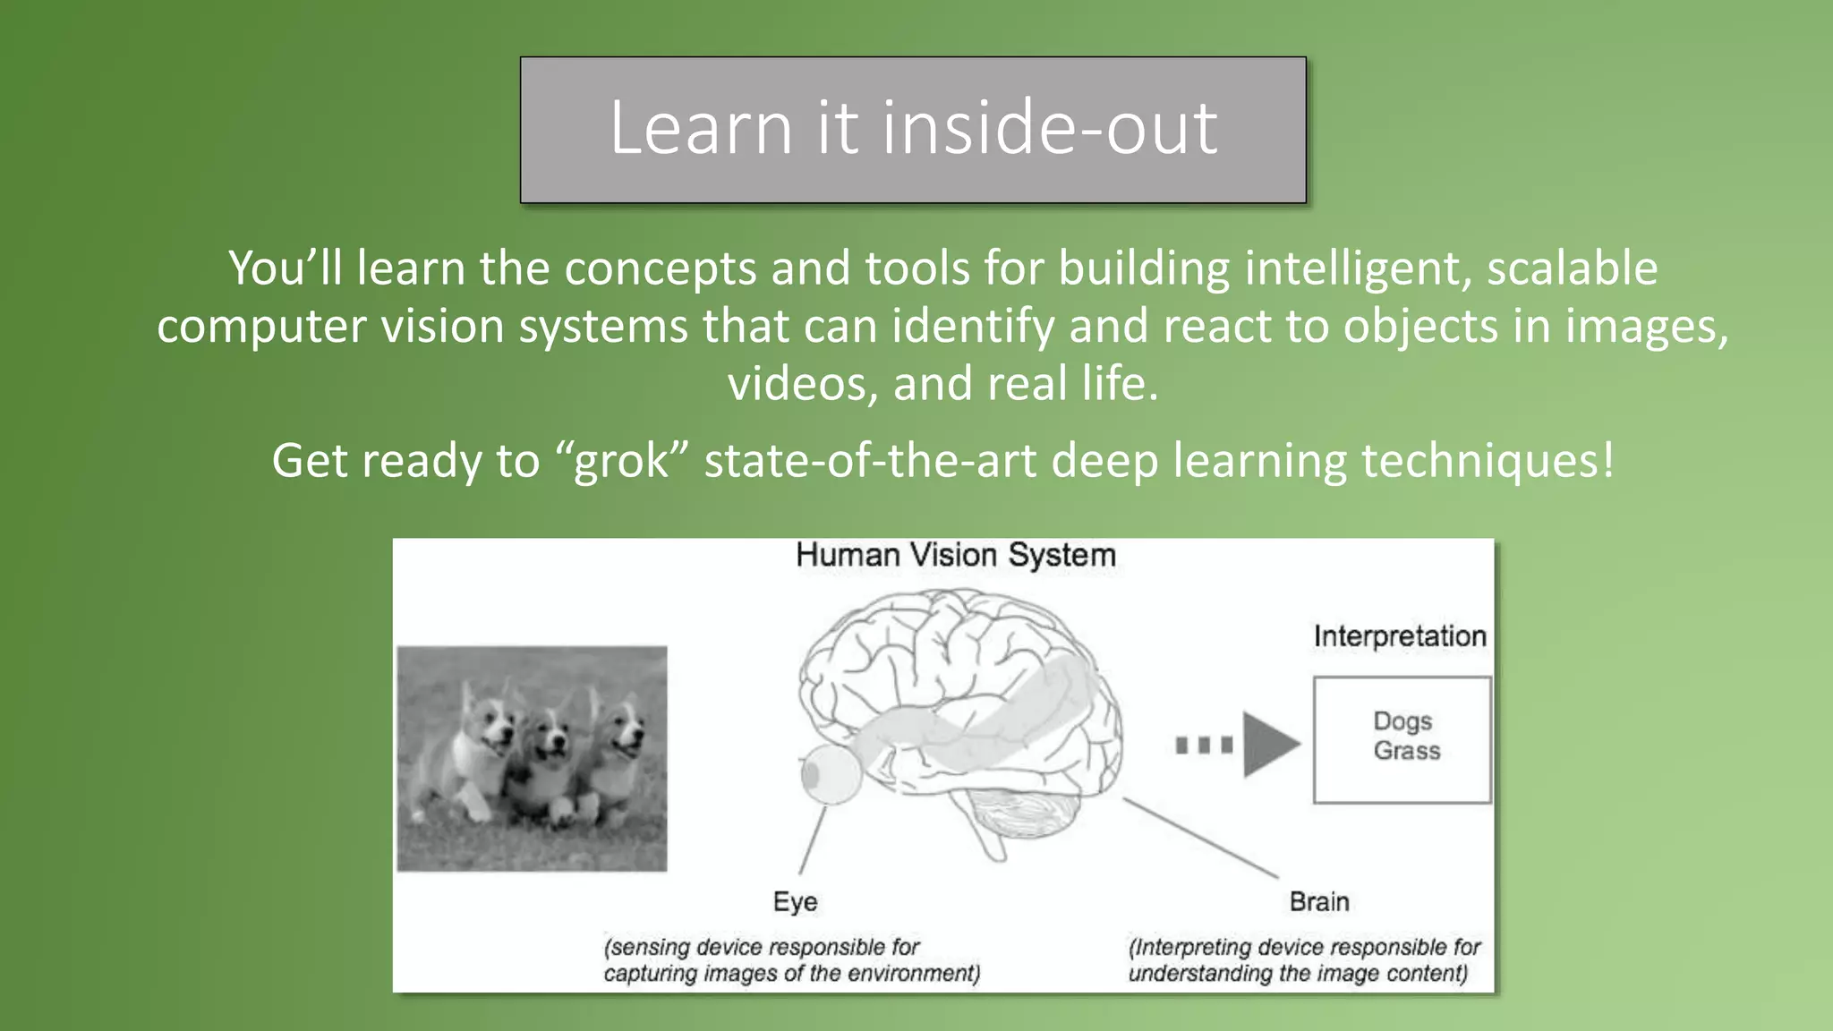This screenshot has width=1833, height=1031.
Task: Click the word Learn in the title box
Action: point(701,127)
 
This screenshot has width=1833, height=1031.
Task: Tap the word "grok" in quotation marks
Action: point(621,461)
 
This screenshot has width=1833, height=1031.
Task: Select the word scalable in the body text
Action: point(1572,268)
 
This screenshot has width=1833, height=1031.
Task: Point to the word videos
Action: point(803,384)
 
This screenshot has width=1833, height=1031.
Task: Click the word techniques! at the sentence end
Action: point(1488,461)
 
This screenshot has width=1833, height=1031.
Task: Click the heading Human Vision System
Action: point(955,555)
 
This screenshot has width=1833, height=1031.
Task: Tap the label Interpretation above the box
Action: point(1399,636)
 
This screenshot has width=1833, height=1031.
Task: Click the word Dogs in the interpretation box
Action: point(1402,721)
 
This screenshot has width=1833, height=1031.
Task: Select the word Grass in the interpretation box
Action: point(1407,751)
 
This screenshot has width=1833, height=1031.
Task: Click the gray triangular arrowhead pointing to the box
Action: point(1267,744)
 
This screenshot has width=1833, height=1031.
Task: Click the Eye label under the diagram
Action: point(795,901)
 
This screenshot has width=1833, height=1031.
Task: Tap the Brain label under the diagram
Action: point(1318,901)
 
